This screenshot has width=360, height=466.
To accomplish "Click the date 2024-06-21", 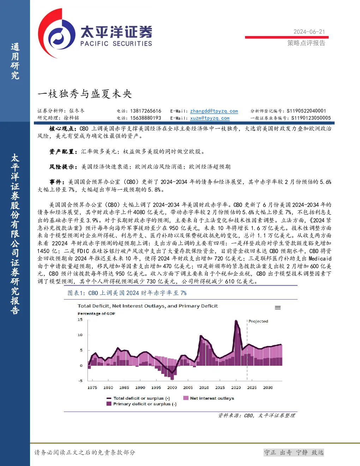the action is [309, 32].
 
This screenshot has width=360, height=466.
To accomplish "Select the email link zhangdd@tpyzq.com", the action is [214, 111].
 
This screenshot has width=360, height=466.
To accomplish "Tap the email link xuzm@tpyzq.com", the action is [210, 118].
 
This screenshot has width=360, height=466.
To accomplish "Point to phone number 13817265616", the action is [145, 111].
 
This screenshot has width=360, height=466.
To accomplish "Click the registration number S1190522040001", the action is [306, 111].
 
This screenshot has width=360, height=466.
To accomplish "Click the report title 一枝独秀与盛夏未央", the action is [85, 94].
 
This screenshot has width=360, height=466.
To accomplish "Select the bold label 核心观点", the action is [61, 129].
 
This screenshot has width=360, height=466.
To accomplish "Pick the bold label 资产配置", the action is [62, 151].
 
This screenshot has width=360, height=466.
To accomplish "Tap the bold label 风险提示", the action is [62, 167].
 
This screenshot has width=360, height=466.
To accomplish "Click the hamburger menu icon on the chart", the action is [278, 308].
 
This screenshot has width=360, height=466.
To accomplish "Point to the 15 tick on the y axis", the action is [80, 319].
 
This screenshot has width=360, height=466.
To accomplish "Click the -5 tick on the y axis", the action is [80, 381].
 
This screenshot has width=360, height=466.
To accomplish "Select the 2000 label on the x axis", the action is [172, 388].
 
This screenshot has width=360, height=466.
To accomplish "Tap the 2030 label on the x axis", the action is [268, 388].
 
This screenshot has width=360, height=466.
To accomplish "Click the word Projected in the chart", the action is [258, 321].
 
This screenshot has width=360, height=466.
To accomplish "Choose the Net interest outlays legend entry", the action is [209, 398].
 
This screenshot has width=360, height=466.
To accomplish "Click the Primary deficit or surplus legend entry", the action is [142, 404].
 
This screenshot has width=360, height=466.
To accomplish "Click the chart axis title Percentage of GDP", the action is [96, 313].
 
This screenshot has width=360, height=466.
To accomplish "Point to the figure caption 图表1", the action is [76, 293].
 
